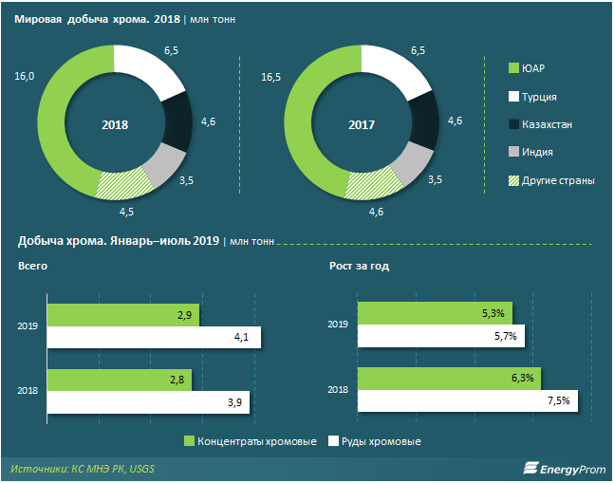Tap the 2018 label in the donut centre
click(x=114, y=124)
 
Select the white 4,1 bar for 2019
click(x=152, y=337)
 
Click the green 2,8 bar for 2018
click(x=119, y=381)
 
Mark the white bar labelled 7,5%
click(x=465, y=402)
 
